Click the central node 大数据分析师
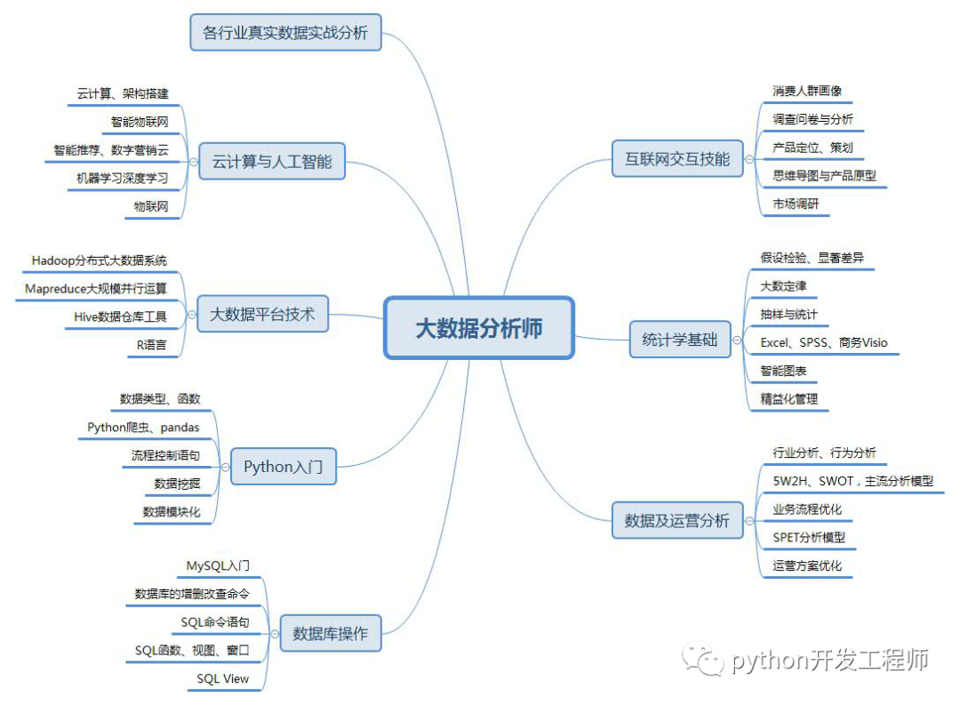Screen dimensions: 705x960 479,328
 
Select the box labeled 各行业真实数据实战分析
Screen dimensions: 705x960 285,33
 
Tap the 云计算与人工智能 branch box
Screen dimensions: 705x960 271,161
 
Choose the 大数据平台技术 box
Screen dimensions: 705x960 262,314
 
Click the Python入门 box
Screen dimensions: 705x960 284,467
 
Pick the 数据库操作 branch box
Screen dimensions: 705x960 331,634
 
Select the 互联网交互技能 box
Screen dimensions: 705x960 677,159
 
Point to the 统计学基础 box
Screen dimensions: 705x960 679,339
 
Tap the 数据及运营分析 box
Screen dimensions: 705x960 677,520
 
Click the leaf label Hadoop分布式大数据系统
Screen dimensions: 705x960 99,260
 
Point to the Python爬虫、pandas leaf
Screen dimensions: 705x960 143,428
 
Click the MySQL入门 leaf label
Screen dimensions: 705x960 218,565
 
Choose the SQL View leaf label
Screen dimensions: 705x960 223,678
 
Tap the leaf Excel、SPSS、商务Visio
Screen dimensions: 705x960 824,342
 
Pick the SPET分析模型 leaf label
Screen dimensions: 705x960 809,537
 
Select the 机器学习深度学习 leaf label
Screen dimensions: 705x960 122,178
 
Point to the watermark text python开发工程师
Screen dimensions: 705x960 830,660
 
